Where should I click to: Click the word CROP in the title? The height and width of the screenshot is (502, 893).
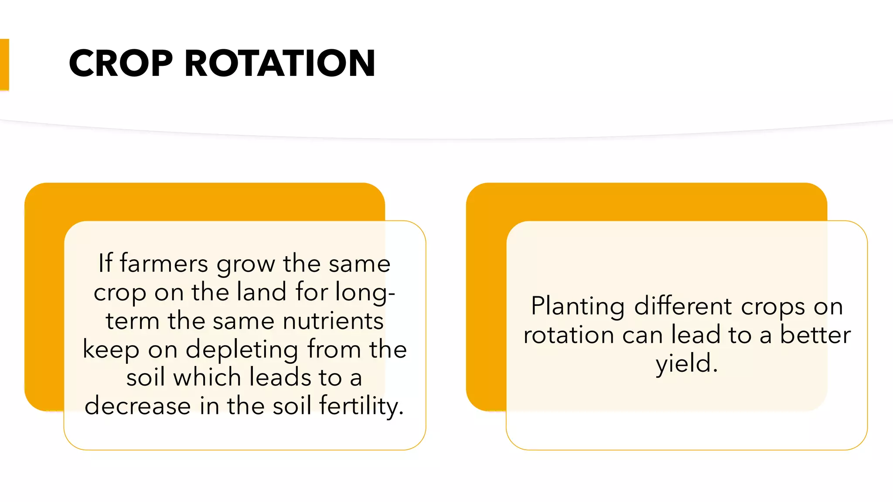tap(121, 64)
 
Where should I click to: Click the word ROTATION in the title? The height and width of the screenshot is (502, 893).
tap(279, 64)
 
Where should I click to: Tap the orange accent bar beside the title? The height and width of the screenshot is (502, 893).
tap(4, 64)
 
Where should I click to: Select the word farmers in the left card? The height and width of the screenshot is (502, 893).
tap(164, 264)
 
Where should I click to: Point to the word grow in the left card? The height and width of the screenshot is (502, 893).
tap(245, 265)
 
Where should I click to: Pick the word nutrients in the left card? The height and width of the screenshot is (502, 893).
tap(333, 321)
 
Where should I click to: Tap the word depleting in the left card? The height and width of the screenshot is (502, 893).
tap(242, 350)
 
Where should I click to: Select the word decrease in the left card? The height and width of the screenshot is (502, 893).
tap(138, 406)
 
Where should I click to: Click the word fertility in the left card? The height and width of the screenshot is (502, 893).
tap(360, 406)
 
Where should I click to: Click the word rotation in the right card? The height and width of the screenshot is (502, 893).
tap(569, 335)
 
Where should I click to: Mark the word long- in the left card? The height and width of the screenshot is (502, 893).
tap(365, 292)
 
